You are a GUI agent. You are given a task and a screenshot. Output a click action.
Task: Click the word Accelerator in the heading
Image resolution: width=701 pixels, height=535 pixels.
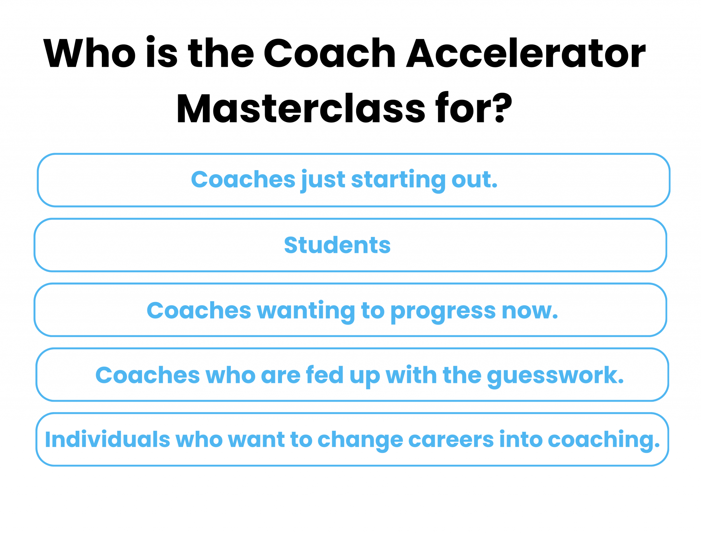pos(526,53)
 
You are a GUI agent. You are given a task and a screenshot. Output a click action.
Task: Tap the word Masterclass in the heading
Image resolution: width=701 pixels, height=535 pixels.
pos(301,108)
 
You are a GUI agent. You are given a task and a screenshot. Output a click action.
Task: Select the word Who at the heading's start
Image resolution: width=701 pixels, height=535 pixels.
pos(90,53)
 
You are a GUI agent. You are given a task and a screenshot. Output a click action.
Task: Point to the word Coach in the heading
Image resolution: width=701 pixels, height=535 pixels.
pos(330,53)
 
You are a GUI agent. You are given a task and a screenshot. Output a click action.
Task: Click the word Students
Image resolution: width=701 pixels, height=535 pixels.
pos(337,245)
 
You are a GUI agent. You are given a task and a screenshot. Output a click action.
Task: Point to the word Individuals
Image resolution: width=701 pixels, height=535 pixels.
pos(107,439)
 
